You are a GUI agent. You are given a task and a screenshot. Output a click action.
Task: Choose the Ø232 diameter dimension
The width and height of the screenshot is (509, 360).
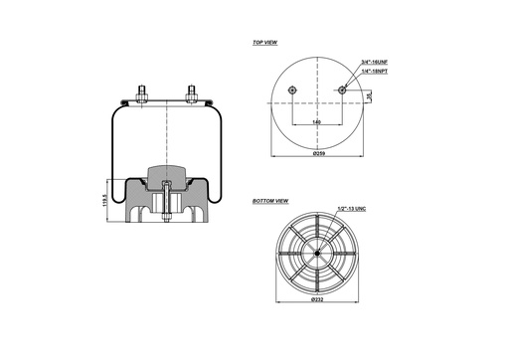click(x=318, y=298)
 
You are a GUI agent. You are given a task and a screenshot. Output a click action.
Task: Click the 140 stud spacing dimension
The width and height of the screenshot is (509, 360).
click(x=316, y=121)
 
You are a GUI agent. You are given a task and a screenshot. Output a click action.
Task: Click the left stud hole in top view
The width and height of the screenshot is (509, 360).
click(x=292, y=91)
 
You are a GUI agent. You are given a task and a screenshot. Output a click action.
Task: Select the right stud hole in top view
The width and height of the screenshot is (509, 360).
click(x=343, y=91)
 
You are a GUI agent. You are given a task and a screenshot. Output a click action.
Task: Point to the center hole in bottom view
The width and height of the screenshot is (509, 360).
click(x=317, y=252)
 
